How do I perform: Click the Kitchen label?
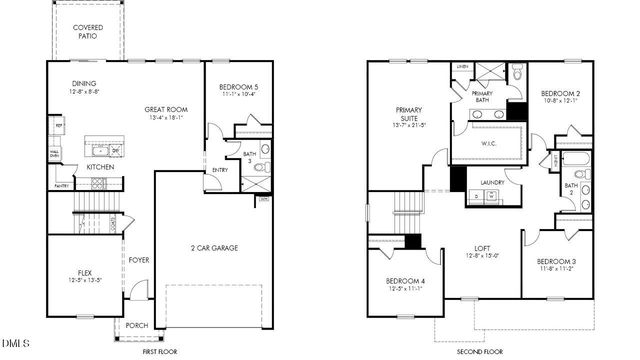(99, 167)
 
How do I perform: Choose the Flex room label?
(85, 273)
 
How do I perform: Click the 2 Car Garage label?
(213, 247)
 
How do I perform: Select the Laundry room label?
(491, 182)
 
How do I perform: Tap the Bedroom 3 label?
(554, 262)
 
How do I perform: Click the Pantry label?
(60, 185)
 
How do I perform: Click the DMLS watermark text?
(17, 347)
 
